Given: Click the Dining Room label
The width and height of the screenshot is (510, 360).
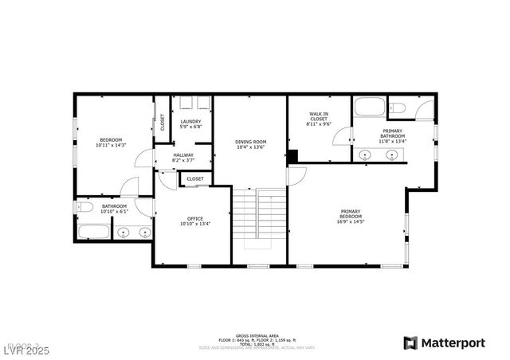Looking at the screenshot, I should (249, 142).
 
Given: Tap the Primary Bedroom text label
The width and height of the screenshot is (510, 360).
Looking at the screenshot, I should (351, 213).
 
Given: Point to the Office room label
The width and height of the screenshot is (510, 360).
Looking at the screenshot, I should (195, 219).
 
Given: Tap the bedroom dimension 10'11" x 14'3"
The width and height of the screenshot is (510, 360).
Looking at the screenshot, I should (112, 145).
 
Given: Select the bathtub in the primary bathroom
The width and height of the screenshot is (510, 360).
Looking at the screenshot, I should (370, 108).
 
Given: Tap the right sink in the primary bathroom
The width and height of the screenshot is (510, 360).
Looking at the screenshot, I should (392, 155).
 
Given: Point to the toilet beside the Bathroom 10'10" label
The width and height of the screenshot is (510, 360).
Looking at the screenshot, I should (85, 208).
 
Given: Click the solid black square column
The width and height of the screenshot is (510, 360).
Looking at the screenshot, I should (292, 157).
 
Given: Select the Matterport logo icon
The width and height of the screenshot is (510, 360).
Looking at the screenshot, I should (410, 343).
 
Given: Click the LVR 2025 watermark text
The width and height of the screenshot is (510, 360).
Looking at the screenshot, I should (25, 349).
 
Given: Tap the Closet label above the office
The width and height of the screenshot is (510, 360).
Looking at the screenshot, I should (195, 179).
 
